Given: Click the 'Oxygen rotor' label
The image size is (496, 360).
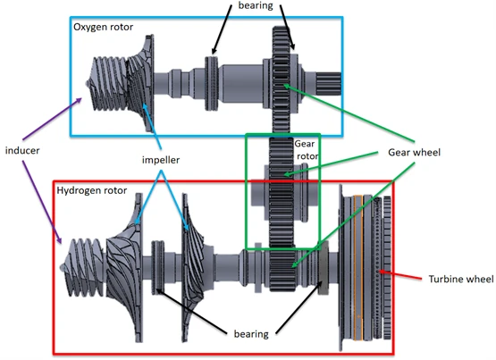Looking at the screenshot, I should [x=104, y=27].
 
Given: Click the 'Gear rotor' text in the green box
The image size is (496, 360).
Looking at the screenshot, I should [x=306, y=148].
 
